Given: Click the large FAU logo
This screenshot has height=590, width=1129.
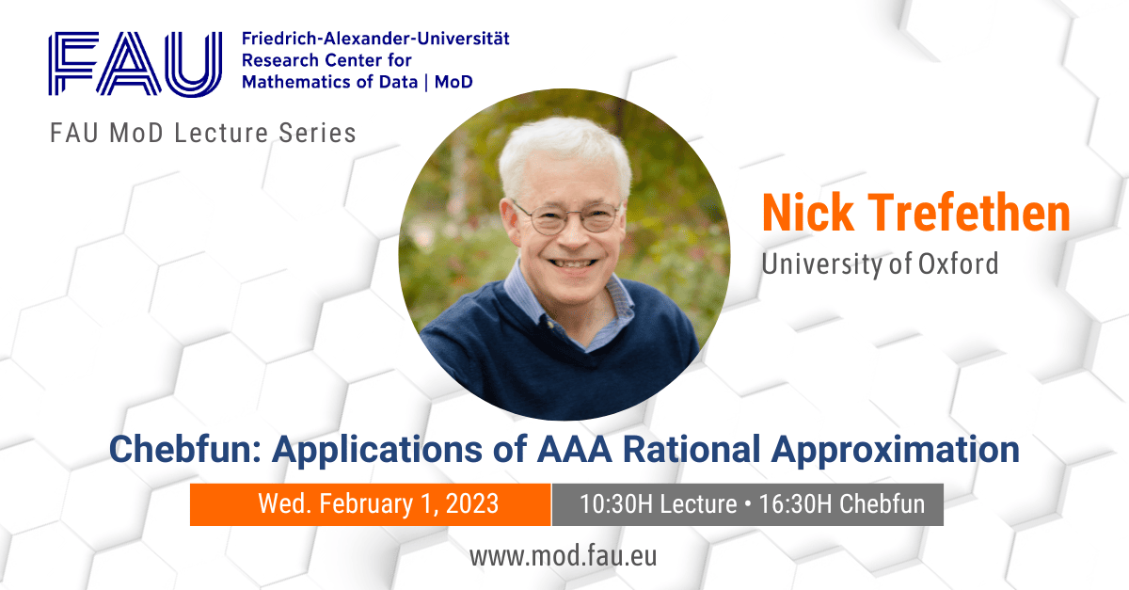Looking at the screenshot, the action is click(135, 64).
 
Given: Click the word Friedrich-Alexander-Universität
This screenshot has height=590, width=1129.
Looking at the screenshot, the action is click(375, 39).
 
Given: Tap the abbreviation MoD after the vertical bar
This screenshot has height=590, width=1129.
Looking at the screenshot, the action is click(453, 82).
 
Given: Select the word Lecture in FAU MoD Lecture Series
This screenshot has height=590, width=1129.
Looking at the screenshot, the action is click(221, 133).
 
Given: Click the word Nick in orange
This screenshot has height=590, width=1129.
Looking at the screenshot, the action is click(808, 213).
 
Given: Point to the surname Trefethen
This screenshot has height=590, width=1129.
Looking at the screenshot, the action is click(969, 213).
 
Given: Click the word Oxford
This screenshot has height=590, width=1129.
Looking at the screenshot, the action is click(958, 263).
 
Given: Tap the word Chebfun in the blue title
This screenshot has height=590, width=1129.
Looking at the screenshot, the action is click(185, 449).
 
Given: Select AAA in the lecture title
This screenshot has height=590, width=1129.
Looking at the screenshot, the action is click(574, 449).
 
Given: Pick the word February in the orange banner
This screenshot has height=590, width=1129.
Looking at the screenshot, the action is click(366, 504).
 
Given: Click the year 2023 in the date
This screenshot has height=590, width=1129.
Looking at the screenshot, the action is click(472, 503).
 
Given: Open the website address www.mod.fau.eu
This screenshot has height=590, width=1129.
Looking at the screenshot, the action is click(563, 557).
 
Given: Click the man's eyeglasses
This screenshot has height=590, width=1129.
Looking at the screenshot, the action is click(567, 217).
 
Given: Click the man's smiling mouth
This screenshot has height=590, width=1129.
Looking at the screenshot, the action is click(573, 263).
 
